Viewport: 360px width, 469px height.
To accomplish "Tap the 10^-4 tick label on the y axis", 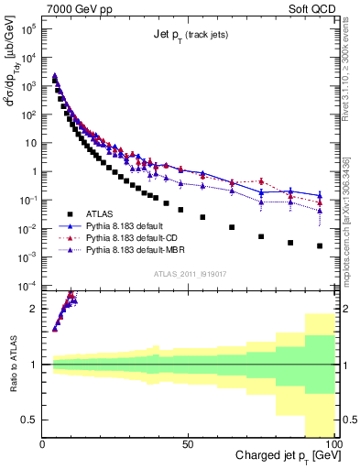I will (28, 285).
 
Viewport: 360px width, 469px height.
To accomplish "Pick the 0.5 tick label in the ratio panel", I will (29, 420).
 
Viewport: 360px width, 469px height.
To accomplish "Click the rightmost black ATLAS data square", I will (320, 245).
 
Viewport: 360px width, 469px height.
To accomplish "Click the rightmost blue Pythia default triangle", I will (320, 195).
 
